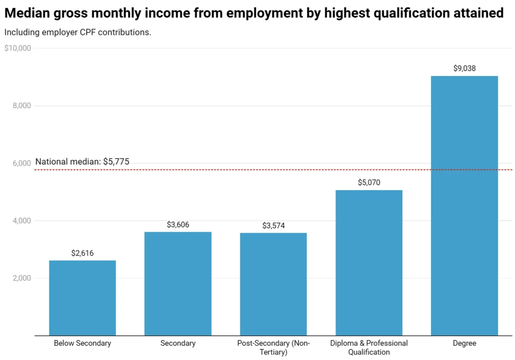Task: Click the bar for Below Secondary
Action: click(x=82, y=298)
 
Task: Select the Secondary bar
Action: click(x=178, y=284)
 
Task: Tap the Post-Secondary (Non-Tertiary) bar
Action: click(x=273, y=284)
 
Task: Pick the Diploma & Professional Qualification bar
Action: click(x=369, y=262)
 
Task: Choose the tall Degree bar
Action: click(x=464, y=206)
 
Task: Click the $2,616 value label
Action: click(x=82, y=253)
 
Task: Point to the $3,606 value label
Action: click(x=178, y=225)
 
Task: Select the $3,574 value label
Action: click(x=273, y=226)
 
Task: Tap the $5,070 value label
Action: click(x=369, y=183)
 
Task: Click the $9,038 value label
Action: click(x=464, y=68)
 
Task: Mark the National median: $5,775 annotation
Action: click(x=82, y=162)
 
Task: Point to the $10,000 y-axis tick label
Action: click(x=18, y=48)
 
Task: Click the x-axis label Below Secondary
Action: click(x=82, y=343)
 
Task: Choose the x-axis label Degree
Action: click(x=464, y=343)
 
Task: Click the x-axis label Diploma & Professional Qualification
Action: click(x=369, y=347)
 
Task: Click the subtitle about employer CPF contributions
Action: click(x=77, y=32)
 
